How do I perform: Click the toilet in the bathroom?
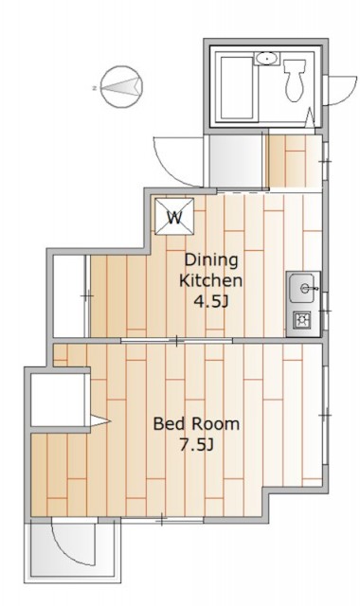(295, 80)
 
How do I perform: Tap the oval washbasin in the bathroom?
(266, 59)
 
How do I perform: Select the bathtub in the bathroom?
(237, 88)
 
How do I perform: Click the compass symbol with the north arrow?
(121, 87)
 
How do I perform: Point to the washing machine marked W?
(174, 217)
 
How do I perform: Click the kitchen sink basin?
(302, 288)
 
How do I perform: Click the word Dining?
(210, 260)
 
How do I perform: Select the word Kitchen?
(210, 280)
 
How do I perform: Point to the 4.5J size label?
(210, 301)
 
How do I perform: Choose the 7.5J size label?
(196, 445)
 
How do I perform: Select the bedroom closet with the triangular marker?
(61, 400)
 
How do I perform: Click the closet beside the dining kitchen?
(69, 296)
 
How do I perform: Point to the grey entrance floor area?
(236, 161)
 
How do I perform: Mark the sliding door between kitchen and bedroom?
(177, 341)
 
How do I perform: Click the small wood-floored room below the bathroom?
(295, 161)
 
